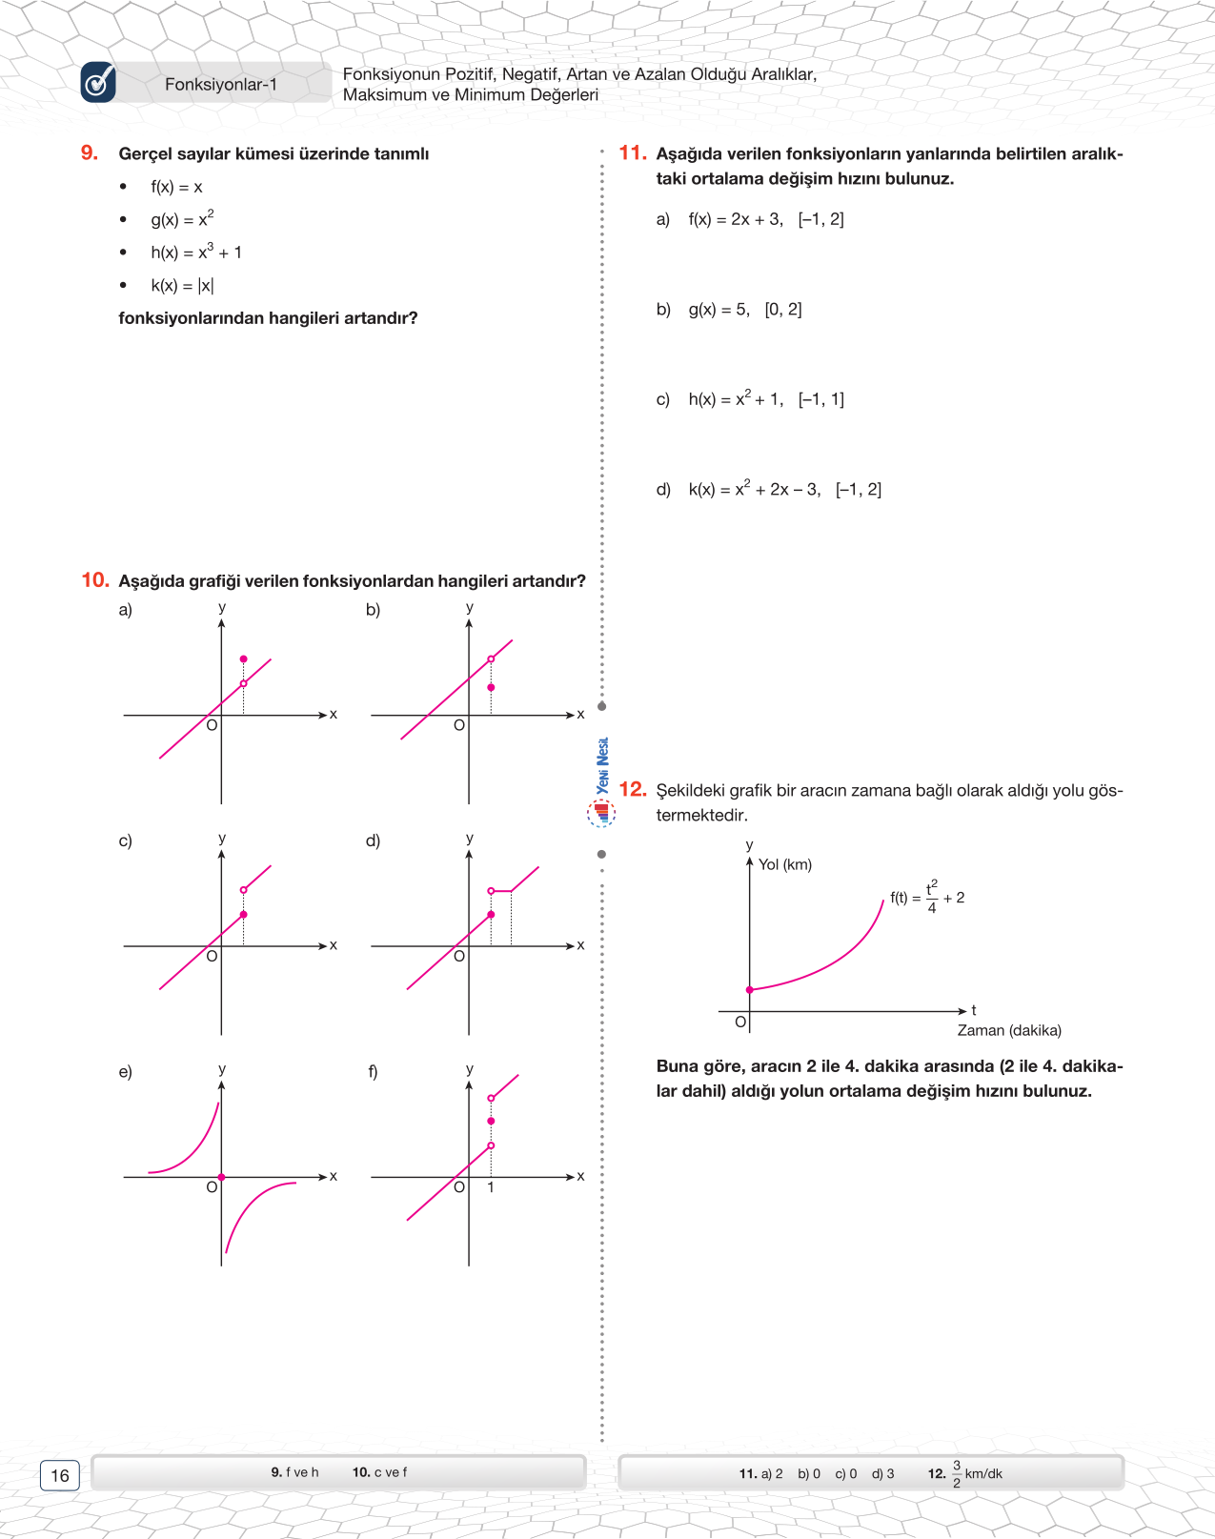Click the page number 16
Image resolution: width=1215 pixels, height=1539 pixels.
pyautogui.click(x=59, y=1475)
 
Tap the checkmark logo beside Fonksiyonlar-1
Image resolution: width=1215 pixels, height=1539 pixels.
pyautogui.click(x=98, y=83)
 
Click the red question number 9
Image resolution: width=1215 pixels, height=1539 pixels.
pyautogui.click(x=90, y=152)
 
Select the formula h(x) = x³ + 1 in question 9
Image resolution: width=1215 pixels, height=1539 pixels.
pyautogui.click(x=196, y=252)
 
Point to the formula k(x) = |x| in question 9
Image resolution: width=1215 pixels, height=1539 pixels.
pyautogui.click(x=182, y=285)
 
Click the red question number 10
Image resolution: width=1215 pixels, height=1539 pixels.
pyautogui.click(x=95, y=579)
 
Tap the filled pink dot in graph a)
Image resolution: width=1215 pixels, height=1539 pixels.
pyautogui.click(x=244, y=659)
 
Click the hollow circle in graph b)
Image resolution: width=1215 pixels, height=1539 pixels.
pyautogui.click(x=491, y=659)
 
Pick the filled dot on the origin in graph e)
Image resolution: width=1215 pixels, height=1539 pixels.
pyautogui.click(x=221, y=1177)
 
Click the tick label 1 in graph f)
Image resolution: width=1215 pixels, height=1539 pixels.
pyautogui.click(x=491, y=1187)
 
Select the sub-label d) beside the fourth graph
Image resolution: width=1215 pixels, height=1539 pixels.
pyautogui.click(x=373, y=840)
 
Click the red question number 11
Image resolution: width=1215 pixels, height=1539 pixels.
pyautogui.click(x=633, y=152)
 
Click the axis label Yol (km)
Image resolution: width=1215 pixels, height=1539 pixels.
pyautogui.click(x=784, y=864)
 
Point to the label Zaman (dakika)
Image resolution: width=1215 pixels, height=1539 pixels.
pyautogui.click(x=1009, y=1030)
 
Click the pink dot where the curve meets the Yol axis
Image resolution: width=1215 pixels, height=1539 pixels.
pyautogui.click(x=750, y=990)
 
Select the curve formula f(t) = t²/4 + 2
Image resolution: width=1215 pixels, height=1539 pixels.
pyautogui.click(x=927, y=897)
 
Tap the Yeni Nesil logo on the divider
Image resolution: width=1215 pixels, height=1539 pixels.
pyautogui.click(x=601, y=781)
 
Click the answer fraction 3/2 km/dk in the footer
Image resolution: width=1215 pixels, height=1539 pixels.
pyautogui.click(x=976, y=1473)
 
